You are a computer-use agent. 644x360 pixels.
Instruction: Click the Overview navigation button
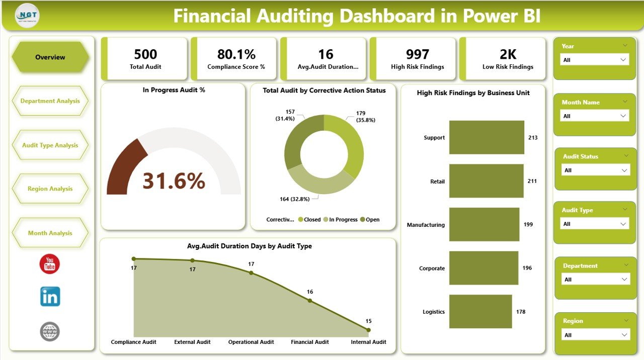(x=50, y=57)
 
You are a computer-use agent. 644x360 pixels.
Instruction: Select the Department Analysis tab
(x=50, y=101)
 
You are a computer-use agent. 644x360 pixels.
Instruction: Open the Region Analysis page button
(x=50, y=189)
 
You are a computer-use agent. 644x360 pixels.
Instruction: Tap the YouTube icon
(x=50, y=264)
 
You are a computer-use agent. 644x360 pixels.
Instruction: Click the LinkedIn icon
(x=50, y=297)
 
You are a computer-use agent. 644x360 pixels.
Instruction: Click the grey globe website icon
(x=50, y=332)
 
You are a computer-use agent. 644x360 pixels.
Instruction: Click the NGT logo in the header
(x=27, y=16)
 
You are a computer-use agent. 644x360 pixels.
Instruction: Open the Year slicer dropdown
(x=595, y=60)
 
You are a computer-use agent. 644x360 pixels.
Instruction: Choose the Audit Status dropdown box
(x=596, y=170)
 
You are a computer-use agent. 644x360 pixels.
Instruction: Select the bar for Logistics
(x=480, y=312)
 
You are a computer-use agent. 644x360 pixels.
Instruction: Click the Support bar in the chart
(x=487, y=137)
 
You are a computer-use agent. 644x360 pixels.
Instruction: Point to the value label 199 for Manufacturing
(x=528, y=225)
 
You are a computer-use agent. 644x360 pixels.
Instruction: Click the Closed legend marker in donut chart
(x=300, y=220)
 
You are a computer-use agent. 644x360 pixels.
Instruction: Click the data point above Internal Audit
(x=368, y=330)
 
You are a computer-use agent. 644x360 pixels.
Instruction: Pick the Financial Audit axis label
(x=310, y=342)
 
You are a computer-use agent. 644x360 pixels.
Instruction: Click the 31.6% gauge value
(x=174, y=181)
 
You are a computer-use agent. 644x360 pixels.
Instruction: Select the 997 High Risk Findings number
(x=417, y=54)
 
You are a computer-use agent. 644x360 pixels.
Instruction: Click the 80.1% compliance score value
(x=236, y=54)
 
